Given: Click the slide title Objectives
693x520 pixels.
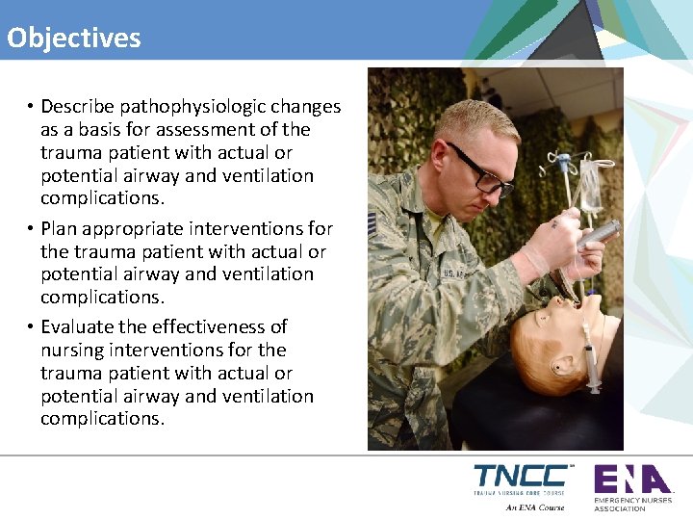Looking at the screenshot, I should pos(74,38).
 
